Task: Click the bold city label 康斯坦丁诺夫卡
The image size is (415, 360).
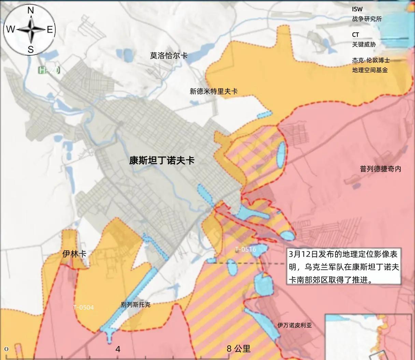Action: tap(162, 161)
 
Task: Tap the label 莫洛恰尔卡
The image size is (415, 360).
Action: tap(169, 56)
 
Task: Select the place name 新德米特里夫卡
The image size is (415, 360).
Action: tap(214, 91)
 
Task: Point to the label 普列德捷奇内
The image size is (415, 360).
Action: tap(381, 169)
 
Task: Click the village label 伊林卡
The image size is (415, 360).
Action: tap(74, 254)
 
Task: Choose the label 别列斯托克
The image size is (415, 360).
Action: tap(135, 305)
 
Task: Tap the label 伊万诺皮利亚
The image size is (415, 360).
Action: tap(295, 325)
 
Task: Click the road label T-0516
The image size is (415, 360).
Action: tap(245, 250)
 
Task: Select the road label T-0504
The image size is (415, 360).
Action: tap(83, 307)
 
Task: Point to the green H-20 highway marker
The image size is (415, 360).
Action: tap(49, 71)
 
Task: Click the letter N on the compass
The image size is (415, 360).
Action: tap(30, 11)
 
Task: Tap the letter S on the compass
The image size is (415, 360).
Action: tap(30, 50)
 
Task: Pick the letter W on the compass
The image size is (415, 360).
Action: tap(11, 30)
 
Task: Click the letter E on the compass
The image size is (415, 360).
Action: tap(50, 30)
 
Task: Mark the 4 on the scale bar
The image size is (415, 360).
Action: tap(118, 349)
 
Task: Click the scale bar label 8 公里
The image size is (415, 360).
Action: tap(239, 349)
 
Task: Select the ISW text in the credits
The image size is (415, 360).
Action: tap(357, 9)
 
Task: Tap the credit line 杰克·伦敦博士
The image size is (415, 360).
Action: tap(371, 60)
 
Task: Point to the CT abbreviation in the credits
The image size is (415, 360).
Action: tap(356, 35)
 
